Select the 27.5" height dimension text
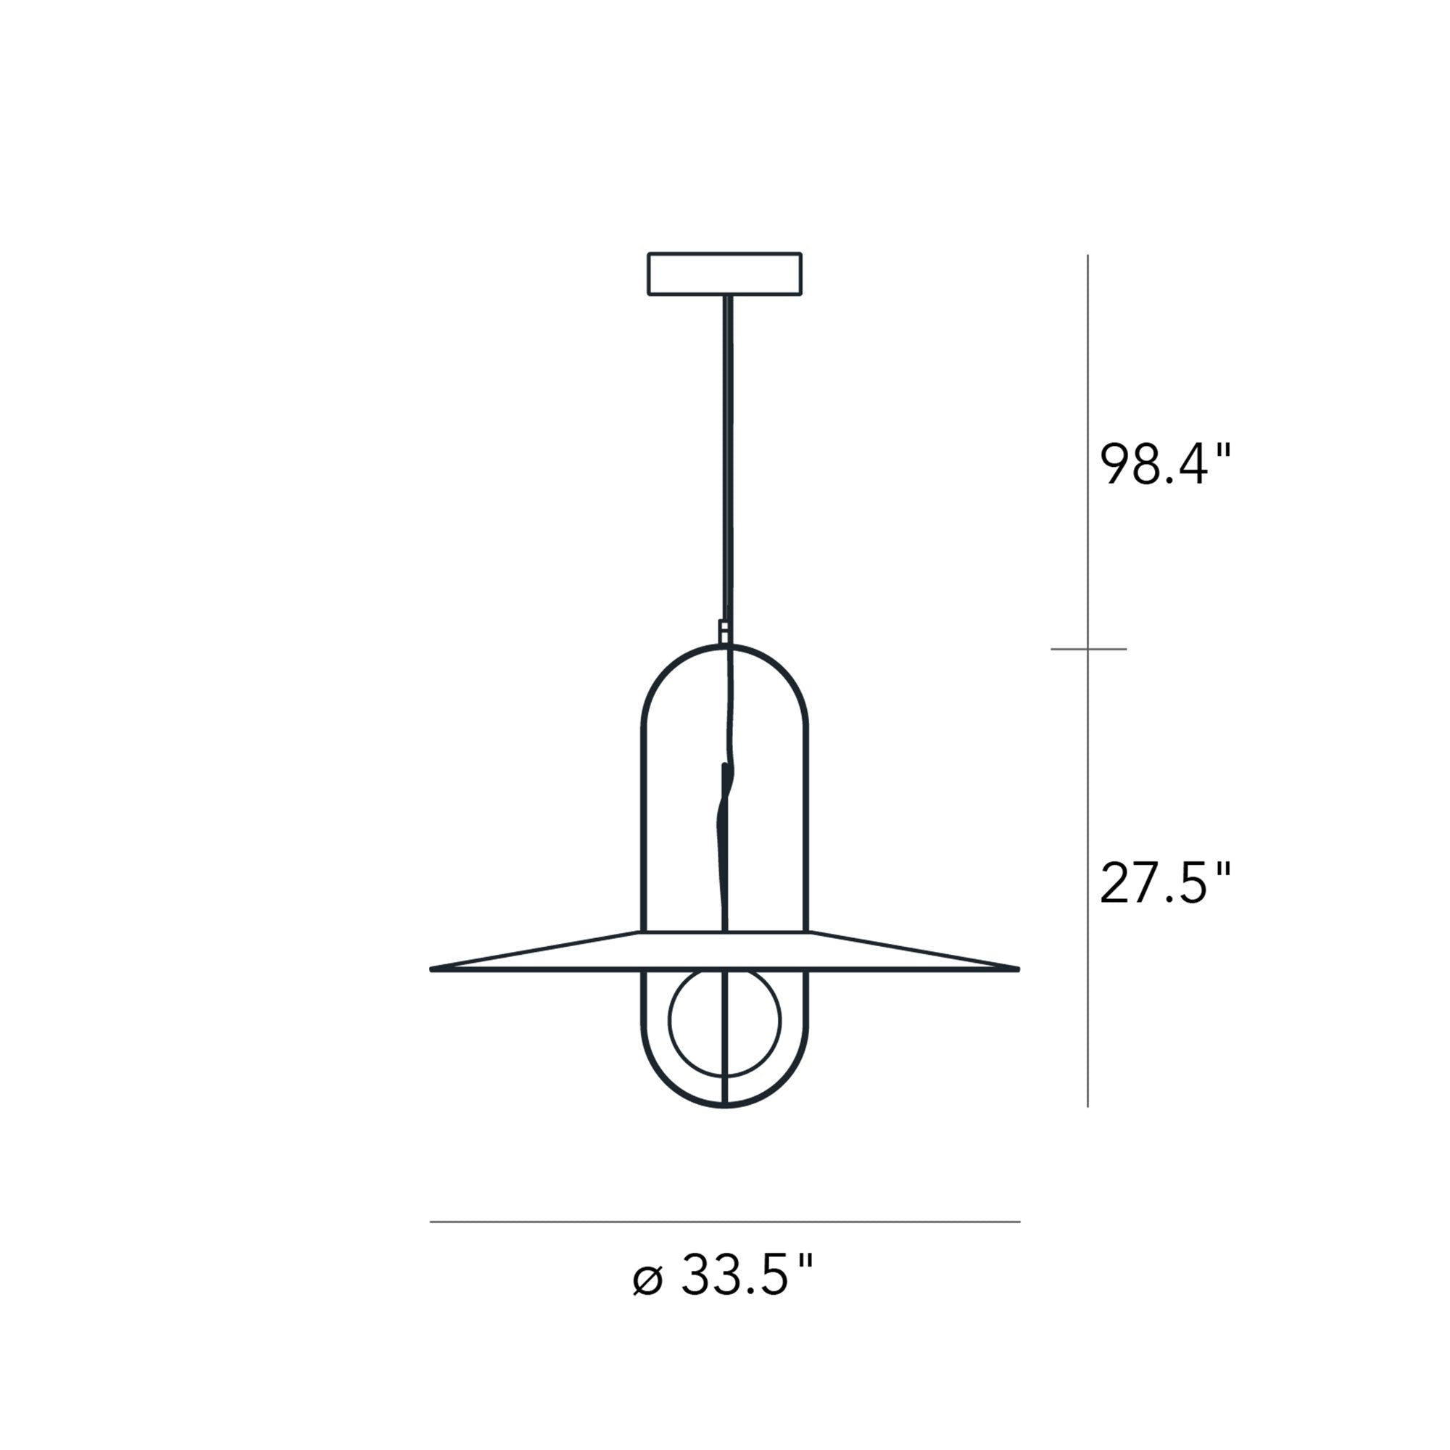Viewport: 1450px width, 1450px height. [1166, 882]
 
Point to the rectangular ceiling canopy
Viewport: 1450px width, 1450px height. [725, 274]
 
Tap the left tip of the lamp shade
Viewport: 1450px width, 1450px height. [431, 969]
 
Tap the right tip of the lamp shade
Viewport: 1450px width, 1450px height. [1019, 969]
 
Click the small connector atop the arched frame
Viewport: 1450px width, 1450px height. [724, 631]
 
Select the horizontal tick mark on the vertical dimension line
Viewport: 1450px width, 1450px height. [1088, 648]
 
